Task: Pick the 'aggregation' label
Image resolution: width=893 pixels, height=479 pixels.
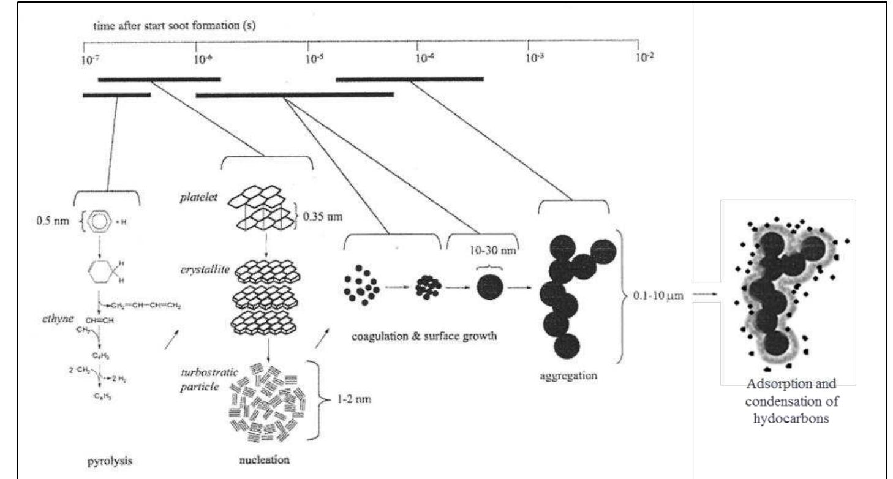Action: [x=568, y=376]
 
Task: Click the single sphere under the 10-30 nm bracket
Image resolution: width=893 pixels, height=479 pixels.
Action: [x=491, y=286]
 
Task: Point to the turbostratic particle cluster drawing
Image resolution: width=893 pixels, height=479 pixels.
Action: [x=267, y=400]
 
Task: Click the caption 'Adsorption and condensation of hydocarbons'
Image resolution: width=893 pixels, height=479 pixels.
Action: [x=788, y=401]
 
